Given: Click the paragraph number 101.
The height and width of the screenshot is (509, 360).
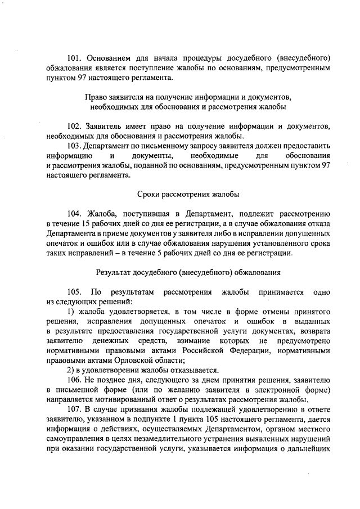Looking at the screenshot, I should coord(75,58).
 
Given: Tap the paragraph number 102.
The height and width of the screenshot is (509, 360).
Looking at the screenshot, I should coord(75,125).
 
